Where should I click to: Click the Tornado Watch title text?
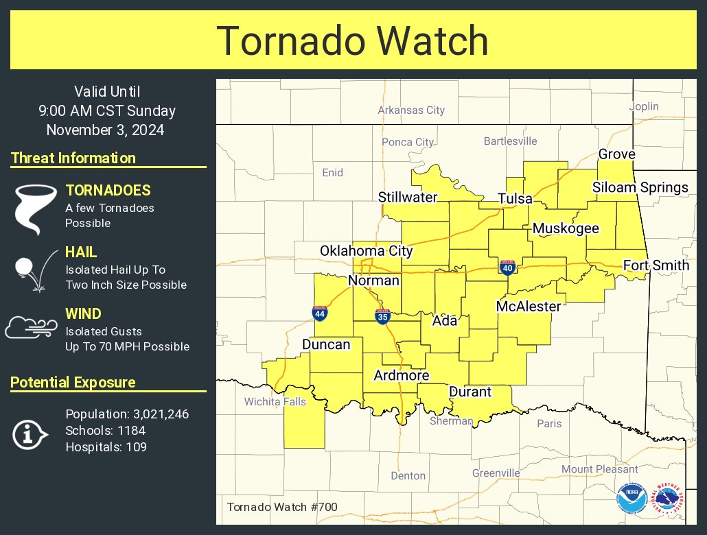coord(353,41)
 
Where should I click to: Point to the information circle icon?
coord(30,433)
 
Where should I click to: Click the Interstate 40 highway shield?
coord(507,267)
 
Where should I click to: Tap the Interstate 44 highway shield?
coord(319,313)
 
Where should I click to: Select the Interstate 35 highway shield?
coord(382,316)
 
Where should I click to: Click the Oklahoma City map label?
coord(367,251)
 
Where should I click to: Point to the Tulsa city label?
coord(515,198)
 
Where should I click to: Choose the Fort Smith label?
coord(656,265)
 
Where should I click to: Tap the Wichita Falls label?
coord(275,401)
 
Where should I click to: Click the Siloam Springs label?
coord(640,187)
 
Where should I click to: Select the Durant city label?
coord(470,392)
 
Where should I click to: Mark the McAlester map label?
coord(529,306)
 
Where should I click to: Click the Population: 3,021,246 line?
coord(127,414)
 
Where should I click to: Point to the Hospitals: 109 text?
coord(106,447)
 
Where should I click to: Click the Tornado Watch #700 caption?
coord(281,508)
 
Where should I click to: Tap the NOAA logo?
coord(631,499)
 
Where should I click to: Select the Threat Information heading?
coord(73,158)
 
